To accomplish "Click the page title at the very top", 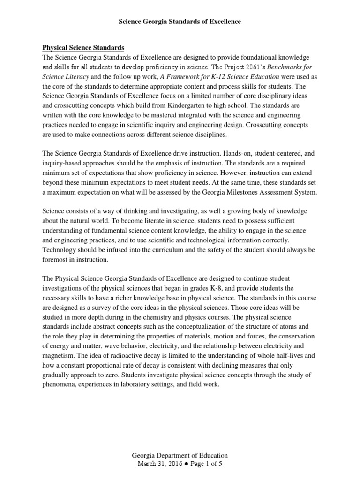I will [x=180, y=22].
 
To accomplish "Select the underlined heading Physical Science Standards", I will [x=83, y=47].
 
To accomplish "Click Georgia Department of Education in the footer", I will [x=180, y=456].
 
